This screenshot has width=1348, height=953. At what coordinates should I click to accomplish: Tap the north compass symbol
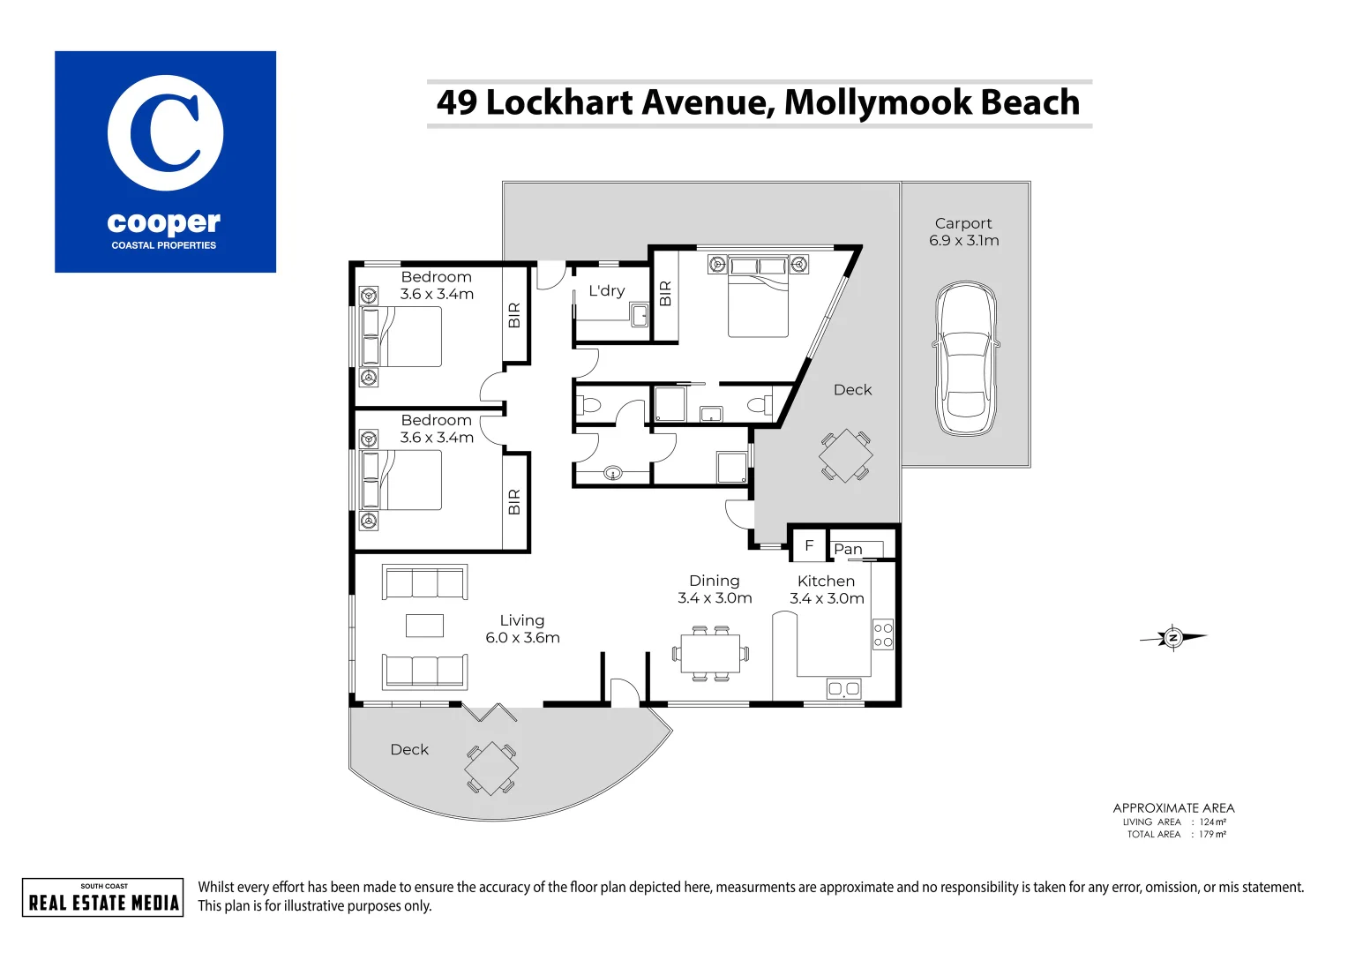click(1172, 637)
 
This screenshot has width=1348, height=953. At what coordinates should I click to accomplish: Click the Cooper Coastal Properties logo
click(165, 161)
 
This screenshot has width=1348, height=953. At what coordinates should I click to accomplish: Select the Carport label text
click(963, 224)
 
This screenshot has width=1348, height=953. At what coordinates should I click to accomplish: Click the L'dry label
click(606, 291)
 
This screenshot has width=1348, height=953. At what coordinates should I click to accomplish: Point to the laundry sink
click(640, 315)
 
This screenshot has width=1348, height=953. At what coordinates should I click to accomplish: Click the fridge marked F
click(808, 546)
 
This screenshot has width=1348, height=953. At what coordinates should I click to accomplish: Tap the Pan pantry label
click(848, 549)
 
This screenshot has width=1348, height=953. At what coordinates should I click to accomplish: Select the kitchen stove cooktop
click(882, 634)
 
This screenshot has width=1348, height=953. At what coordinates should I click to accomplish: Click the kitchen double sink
click(843, 689)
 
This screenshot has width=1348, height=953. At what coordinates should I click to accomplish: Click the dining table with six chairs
click(710, 654)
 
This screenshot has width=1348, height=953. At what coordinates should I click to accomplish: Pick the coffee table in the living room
click(424, 625)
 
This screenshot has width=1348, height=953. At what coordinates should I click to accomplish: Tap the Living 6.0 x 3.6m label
click(522, 629)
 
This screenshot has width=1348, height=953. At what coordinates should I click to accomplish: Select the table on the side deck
click(845, 455)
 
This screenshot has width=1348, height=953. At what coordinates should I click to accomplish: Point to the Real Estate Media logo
click(103, 897)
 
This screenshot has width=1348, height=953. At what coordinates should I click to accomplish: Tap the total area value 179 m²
click(1212, 835)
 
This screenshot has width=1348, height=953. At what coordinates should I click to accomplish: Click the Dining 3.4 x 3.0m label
click(715, 589)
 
